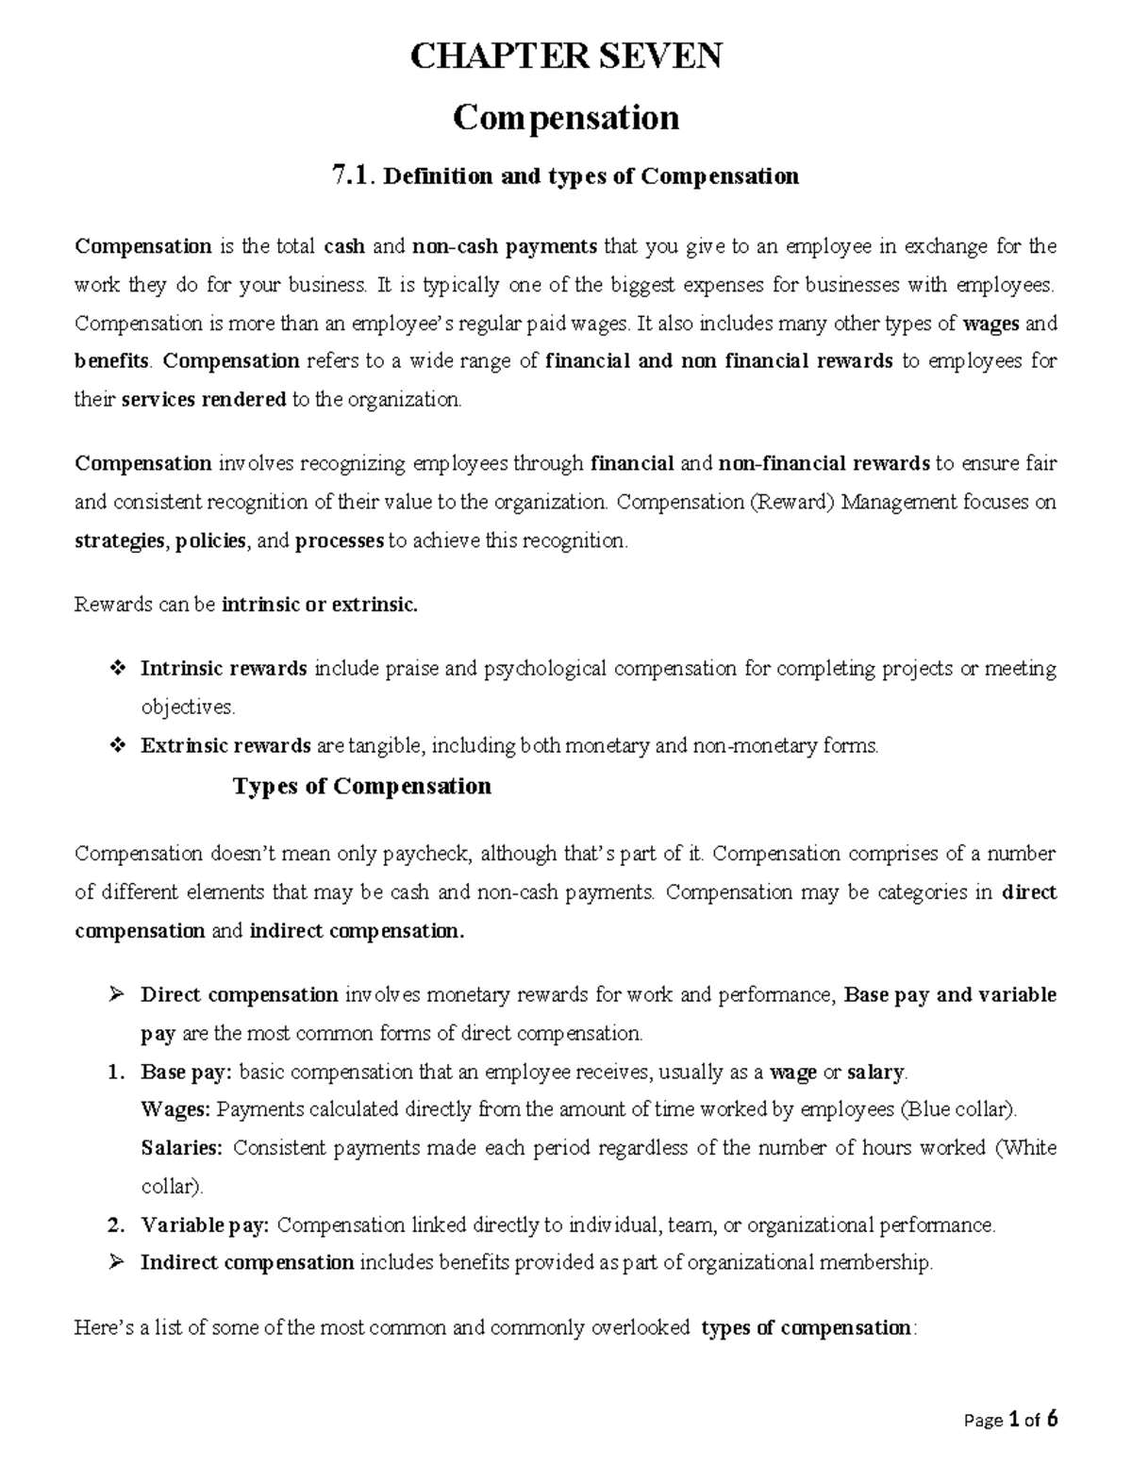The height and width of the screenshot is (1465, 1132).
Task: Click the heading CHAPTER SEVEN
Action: [x=566, y=58]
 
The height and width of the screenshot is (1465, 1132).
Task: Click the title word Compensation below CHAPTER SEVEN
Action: [x=566, y=119]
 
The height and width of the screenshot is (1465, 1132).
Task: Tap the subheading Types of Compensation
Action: [x=361, y=787]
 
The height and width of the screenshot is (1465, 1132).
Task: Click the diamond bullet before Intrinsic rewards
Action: [x=117, y=669]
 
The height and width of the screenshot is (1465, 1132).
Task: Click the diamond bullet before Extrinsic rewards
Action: [x=117, y=746]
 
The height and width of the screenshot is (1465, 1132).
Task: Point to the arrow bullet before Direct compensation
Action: [x=117, y=994]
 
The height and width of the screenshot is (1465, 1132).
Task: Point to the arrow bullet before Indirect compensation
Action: [x=117, y=1263]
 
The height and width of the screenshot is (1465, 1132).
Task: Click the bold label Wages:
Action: [x=175, y=1109]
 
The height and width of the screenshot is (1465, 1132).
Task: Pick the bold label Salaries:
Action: [x=182, y=1148]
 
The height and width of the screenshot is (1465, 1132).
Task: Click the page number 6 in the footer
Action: [x=1052, y=1419]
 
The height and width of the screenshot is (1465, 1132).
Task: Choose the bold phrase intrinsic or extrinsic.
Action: [x=319, y=605]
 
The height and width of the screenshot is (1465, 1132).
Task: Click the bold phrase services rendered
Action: [x=205, y=400]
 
